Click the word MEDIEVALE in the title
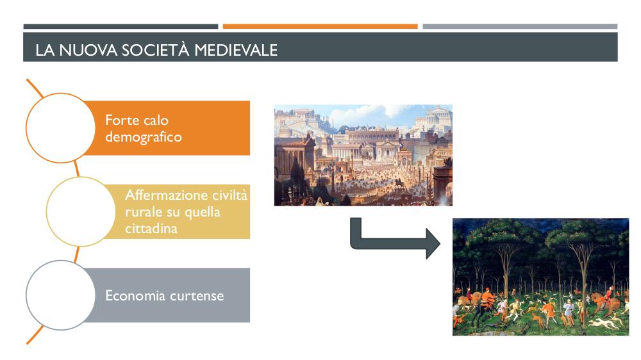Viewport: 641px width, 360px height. tap(236, 50)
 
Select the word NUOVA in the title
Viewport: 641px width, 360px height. tap(88, 50)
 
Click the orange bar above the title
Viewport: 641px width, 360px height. tap(320, 26)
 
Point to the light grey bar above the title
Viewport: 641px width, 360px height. tap(520, 26)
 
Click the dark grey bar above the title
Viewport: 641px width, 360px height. tap(121, 26)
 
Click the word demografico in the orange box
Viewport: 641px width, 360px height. tap(144, 137)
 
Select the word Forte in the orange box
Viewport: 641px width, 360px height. tap(121, 120)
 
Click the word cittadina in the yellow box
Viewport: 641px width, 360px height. tap(151, 229)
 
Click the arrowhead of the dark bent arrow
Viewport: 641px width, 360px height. tap(433, 243)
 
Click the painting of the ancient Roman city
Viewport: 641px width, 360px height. tap(363, 155)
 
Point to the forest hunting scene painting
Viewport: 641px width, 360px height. tap(540, 277)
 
